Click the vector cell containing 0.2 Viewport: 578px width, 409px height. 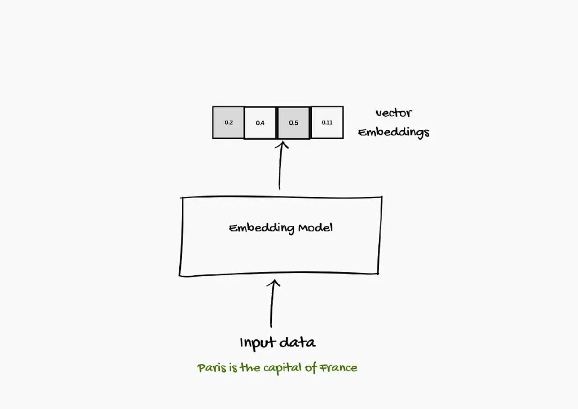point(229,123)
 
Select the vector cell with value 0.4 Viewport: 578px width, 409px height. point(260,123)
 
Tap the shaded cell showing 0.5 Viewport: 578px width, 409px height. point(293,123)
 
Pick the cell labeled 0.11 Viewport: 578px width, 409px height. point(327,123)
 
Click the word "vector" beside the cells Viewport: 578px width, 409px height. point(393,113)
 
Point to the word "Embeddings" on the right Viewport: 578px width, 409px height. point(394,132)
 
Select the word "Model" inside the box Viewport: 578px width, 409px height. point(316,228)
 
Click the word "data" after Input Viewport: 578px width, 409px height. point(299,343)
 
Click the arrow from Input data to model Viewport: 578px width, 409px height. point(272,305)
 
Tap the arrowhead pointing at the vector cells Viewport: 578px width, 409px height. point(282,145)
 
